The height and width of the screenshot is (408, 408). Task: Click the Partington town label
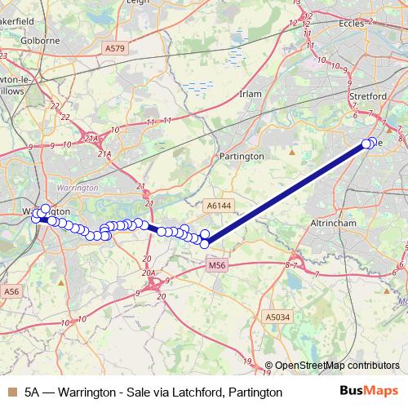[242, 156]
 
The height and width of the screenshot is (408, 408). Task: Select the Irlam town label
[249, 95]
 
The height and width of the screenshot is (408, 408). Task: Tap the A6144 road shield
[219, 206]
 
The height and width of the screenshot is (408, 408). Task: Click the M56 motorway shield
[216, 265]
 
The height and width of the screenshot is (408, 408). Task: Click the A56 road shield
[11, 291]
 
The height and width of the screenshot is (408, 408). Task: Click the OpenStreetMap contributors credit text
[337, 366]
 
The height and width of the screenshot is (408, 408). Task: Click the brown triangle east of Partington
[292, 152]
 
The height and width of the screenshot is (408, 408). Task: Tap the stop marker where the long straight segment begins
[205, 242]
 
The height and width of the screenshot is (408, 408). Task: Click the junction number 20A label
[148, 273]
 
